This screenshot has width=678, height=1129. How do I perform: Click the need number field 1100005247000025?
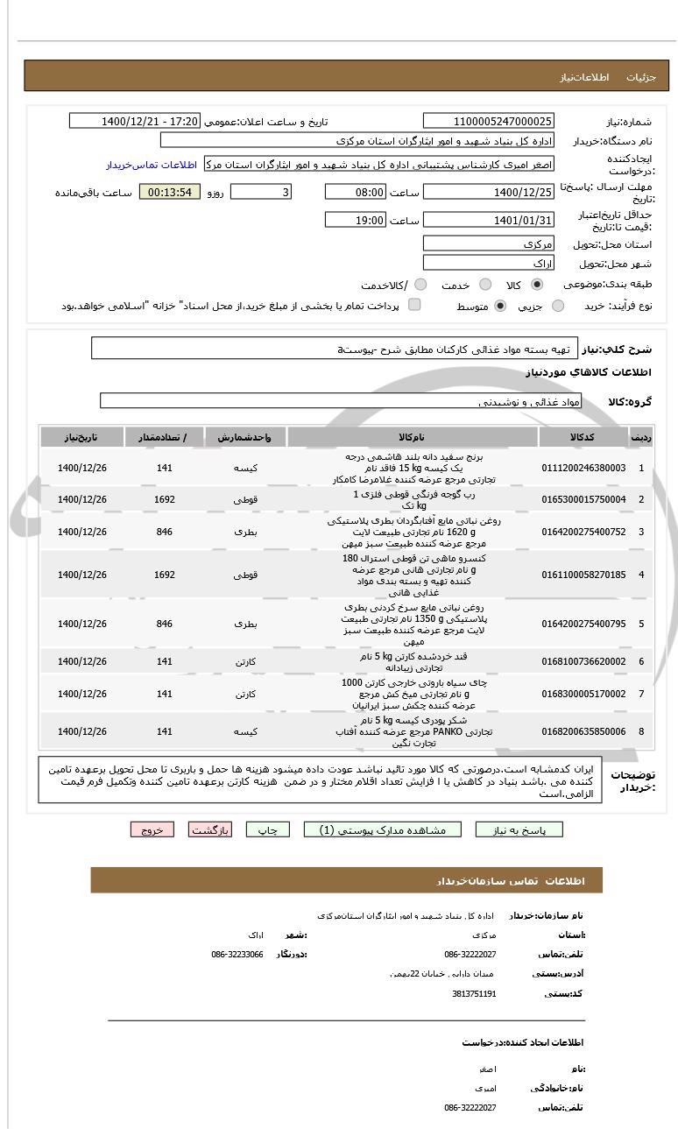[x=488, y=121]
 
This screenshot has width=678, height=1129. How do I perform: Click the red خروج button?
[x=152, y=829]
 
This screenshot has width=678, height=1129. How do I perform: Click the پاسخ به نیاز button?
[x=519, y=829]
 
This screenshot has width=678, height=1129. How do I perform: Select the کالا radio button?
[x=537, y=285]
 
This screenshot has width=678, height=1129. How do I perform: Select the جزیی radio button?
[x=558, y=306]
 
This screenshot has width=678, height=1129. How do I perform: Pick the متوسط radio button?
[x=500, y=306]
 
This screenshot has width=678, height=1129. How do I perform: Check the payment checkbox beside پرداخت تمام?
[x=414, y=305]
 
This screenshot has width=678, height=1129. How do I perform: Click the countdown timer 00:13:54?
[x=170, y=192]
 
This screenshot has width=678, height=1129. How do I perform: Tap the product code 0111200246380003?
[x=583, y=468]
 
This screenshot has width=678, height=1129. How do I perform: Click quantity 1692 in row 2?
[x=165, y=499]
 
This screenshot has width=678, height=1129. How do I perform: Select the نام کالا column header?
[x=412, y=436]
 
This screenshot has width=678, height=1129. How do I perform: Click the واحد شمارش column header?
[x=245, y=436]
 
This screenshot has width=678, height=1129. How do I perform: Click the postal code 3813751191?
[x=474, y=993]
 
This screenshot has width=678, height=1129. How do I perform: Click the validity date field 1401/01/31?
[x=488, y=220]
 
